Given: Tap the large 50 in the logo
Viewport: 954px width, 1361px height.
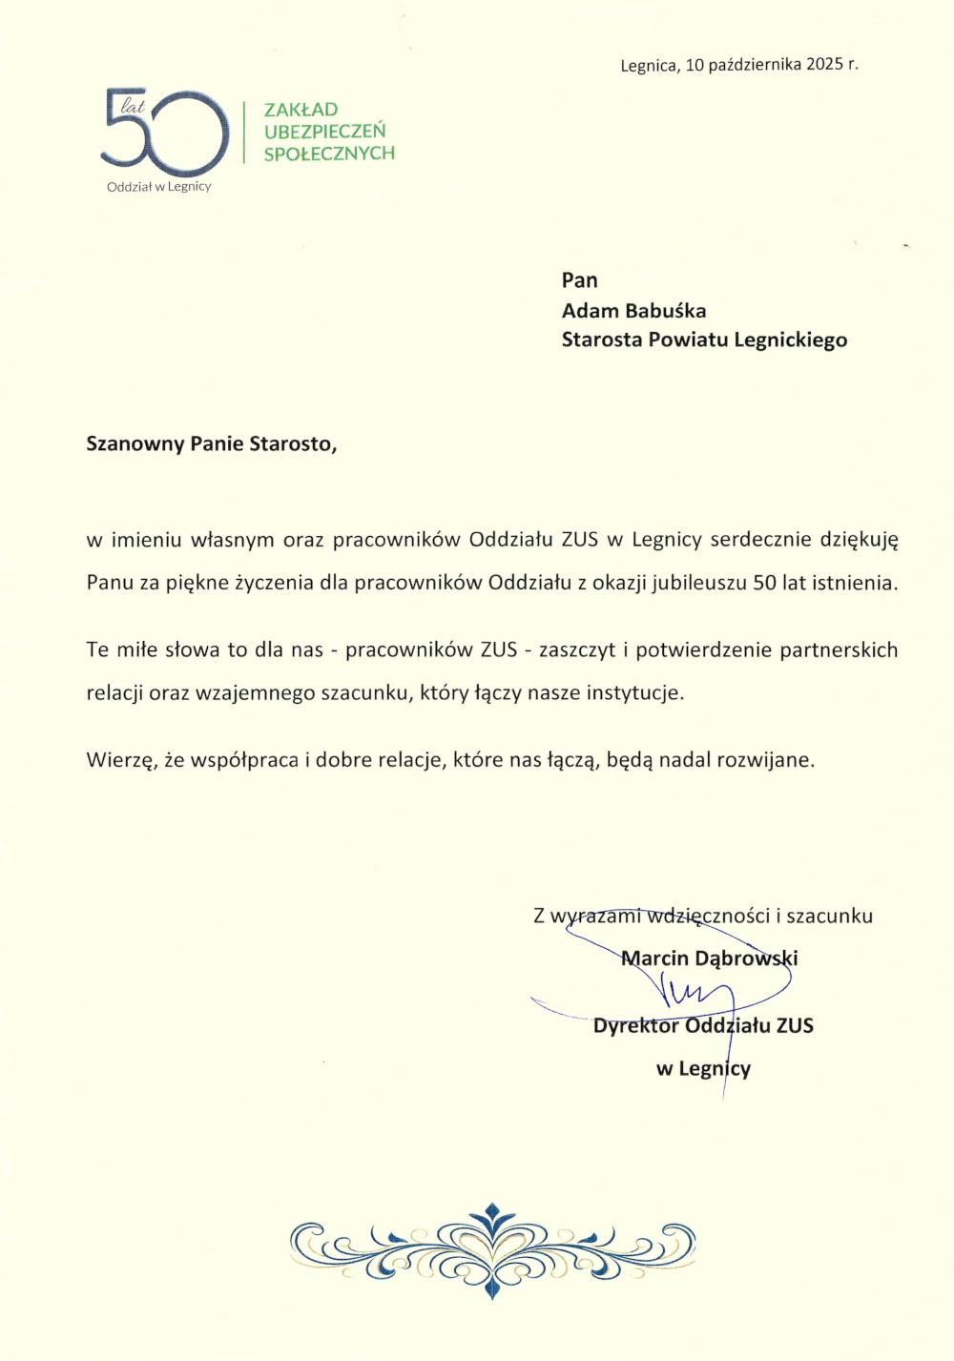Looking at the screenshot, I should click(x=166, y=133).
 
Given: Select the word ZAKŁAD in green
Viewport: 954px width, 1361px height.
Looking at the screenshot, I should click(x=301, y=110).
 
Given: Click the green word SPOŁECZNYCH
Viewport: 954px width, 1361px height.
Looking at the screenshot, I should click(x=329, y=154).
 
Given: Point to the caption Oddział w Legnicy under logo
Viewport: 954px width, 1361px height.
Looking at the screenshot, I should click(x=158, y=187).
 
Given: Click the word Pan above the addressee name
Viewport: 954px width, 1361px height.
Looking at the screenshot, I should click(x=579, y=280).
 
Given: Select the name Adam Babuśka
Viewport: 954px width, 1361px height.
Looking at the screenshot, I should click(x=633, y=311).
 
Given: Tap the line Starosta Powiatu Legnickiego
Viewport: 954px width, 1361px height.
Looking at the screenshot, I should click(x=704, y=340).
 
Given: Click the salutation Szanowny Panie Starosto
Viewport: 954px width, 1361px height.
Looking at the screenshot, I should click(x=211, y=444).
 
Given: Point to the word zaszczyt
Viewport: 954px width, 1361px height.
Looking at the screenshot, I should click(x=577, y=650).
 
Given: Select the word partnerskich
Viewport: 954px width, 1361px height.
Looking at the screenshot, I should click(x=839, y=650).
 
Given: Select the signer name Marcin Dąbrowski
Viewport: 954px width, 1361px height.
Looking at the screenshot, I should click(x=709, y=959).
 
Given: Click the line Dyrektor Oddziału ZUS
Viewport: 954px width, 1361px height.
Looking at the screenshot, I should click(x=703, y=1026).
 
